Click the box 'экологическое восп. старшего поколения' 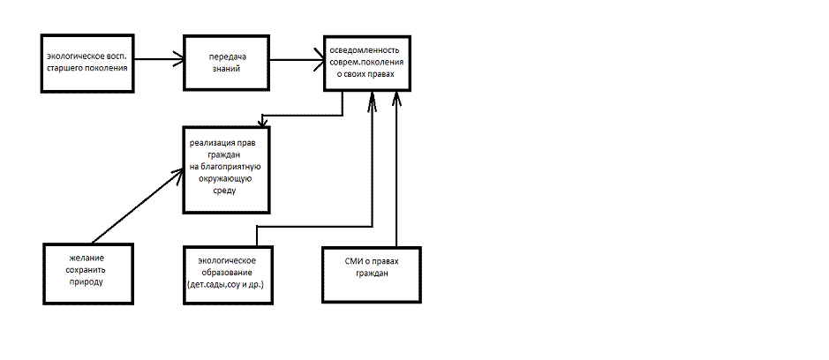[88, 62]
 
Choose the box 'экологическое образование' [226, 274]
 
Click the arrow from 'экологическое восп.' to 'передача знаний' [159, 60]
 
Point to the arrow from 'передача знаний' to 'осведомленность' [296, 60]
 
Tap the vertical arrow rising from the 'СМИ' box [396, 168]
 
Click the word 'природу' [87, 281]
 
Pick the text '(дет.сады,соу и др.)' [226, 286]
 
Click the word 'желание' [87, 257]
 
